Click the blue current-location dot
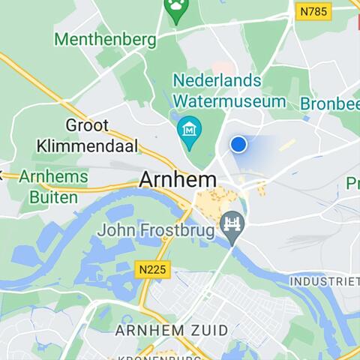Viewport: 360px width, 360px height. [x=238, y=144]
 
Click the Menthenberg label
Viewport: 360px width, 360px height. [x=106, y=38]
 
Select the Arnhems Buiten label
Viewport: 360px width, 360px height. [x=53, y=187]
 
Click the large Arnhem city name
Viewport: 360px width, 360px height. [x=178, y=181]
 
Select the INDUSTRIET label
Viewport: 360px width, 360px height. [x=325, y=281]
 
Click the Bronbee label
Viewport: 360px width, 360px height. [x=330, y=103]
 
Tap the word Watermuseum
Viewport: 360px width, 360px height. [x=229, y=100]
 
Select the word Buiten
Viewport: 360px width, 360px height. [x=53, y=197]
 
